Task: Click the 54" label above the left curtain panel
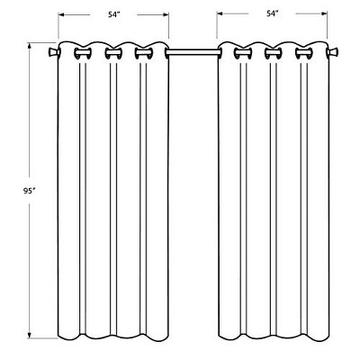click(114, 14)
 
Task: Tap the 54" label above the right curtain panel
click(273, 13)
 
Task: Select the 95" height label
click(30, 191)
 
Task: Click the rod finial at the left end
click(53, 53)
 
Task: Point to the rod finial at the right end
click(333, 53)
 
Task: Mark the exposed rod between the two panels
click(193, 53)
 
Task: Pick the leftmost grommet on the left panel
click(83, 53)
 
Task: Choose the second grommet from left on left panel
click(113, 53)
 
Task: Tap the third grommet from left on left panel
click(144, 53)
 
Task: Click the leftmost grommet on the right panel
click(243, 53)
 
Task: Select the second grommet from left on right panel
click(274, 53)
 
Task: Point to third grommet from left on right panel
click(304, 53)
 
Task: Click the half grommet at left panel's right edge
click(166, 53)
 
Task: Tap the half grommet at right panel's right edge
click(328, 53)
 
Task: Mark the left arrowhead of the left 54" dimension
click(61, 14)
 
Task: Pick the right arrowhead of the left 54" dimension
click(166, 14)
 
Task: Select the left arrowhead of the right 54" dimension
click(220, 13)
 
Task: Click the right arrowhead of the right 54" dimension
click(324, 13)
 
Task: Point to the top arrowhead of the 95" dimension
click(30, 46)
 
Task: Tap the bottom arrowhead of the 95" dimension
click(30, 335)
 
